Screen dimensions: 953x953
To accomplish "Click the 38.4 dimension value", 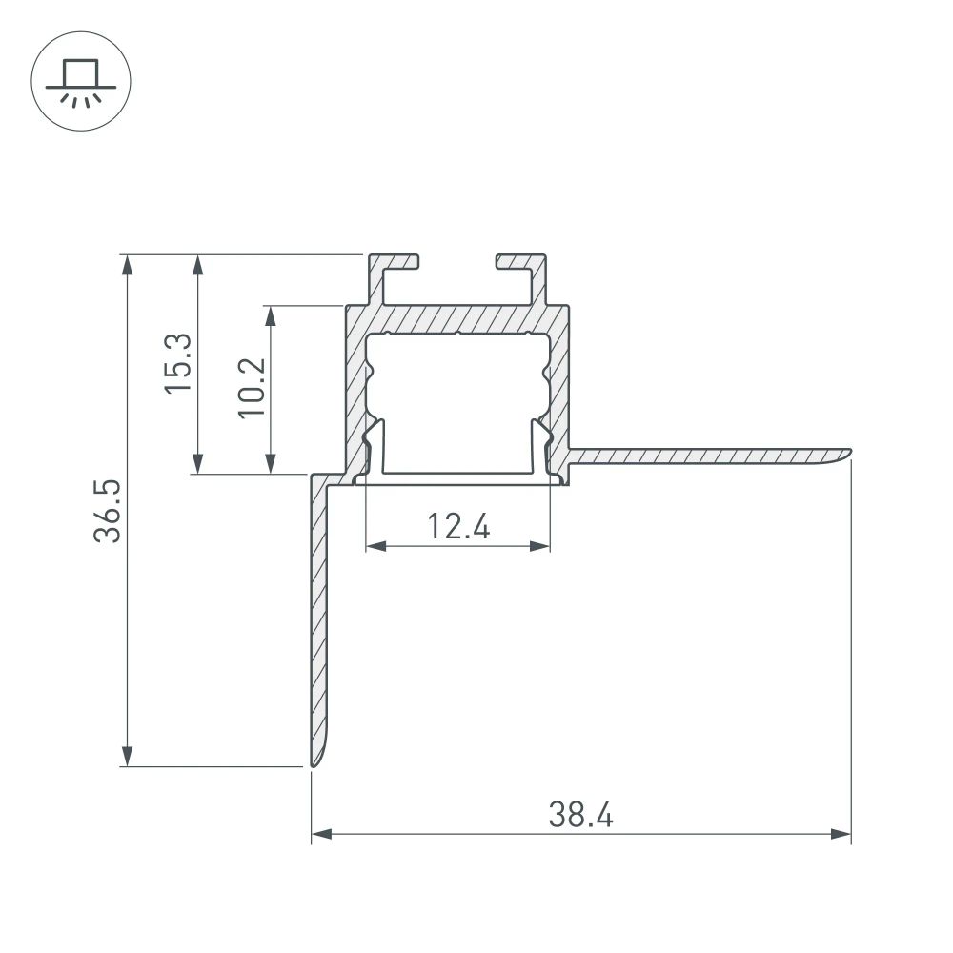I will (580, 816).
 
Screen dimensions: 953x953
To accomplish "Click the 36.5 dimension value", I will (110, 511).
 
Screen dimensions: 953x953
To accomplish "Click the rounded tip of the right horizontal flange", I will (846, 452).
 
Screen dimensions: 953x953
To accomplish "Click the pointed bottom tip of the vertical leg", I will (313, 762).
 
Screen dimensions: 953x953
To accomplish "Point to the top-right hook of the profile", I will (522, 263).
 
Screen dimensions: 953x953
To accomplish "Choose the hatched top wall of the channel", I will (457, 317).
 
